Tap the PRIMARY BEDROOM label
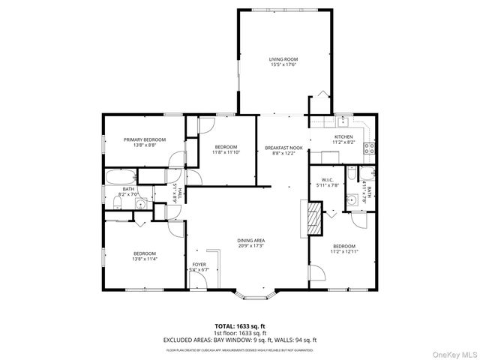click(145, 139)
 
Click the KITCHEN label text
click(343, 136)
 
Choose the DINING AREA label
click(251, 241)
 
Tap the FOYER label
click(199, 265)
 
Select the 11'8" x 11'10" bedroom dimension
click(226, 152)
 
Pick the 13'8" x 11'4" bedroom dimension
click(144, 259)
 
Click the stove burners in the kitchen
click(368, 148)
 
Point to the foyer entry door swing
click(198, 280)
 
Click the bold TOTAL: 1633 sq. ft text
click(240, 327)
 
